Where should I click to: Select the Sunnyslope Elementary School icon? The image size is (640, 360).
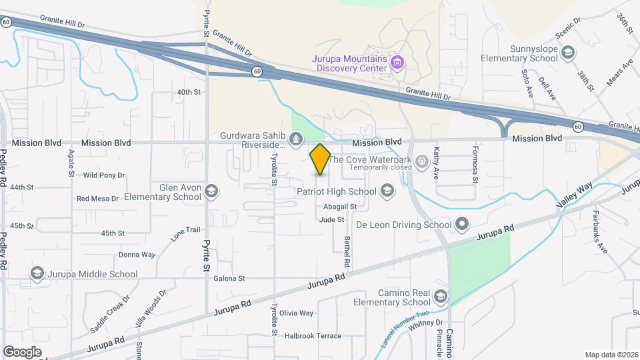(568, 53)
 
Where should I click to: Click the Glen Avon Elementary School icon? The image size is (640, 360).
(211, 192)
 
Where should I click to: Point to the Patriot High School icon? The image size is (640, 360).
(387, 192)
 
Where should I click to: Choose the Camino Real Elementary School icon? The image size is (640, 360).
(439, 296)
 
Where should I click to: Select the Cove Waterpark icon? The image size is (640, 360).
(421, 160)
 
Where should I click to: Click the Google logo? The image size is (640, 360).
(22, 351)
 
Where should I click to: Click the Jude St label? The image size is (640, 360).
(331, 219)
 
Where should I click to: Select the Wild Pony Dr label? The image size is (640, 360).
(104, 175)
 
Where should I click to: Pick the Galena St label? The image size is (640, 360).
(229, 279)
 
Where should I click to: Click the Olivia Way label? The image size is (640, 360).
(296, 313)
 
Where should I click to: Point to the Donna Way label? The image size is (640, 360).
(137, 255)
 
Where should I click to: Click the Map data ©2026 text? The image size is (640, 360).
(611, 354)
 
